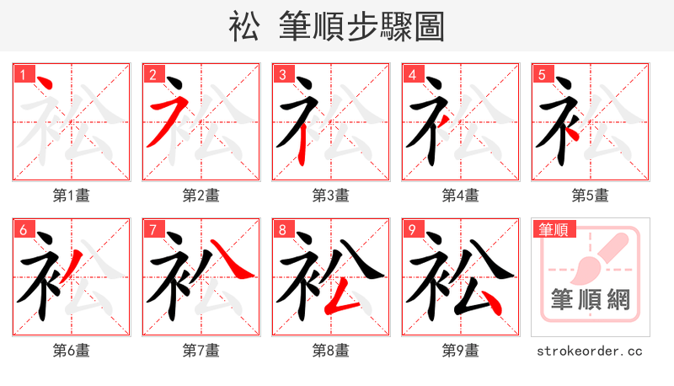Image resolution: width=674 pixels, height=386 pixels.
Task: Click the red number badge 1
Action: [x=22, y=75]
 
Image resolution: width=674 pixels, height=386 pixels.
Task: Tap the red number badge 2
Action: [x=152, y=75]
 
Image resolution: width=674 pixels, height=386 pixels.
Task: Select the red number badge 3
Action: [x=281, y=75]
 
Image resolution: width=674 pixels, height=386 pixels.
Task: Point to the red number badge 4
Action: [x=411, y=75]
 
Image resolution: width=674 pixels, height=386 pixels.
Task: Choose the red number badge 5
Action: [x=541, y=75]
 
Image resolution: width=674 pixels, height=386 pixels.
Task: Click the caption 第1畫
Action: [x=72, y=196]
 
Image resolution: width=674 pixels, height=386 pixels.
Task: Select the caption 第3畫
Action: [x=331, y=196]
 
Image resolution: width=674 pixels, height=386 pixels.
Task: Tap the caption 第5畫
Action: [x=591, y=196]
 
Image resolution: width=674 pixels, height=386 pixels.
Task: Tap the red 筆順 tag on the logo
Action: [x=552, y=229]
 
